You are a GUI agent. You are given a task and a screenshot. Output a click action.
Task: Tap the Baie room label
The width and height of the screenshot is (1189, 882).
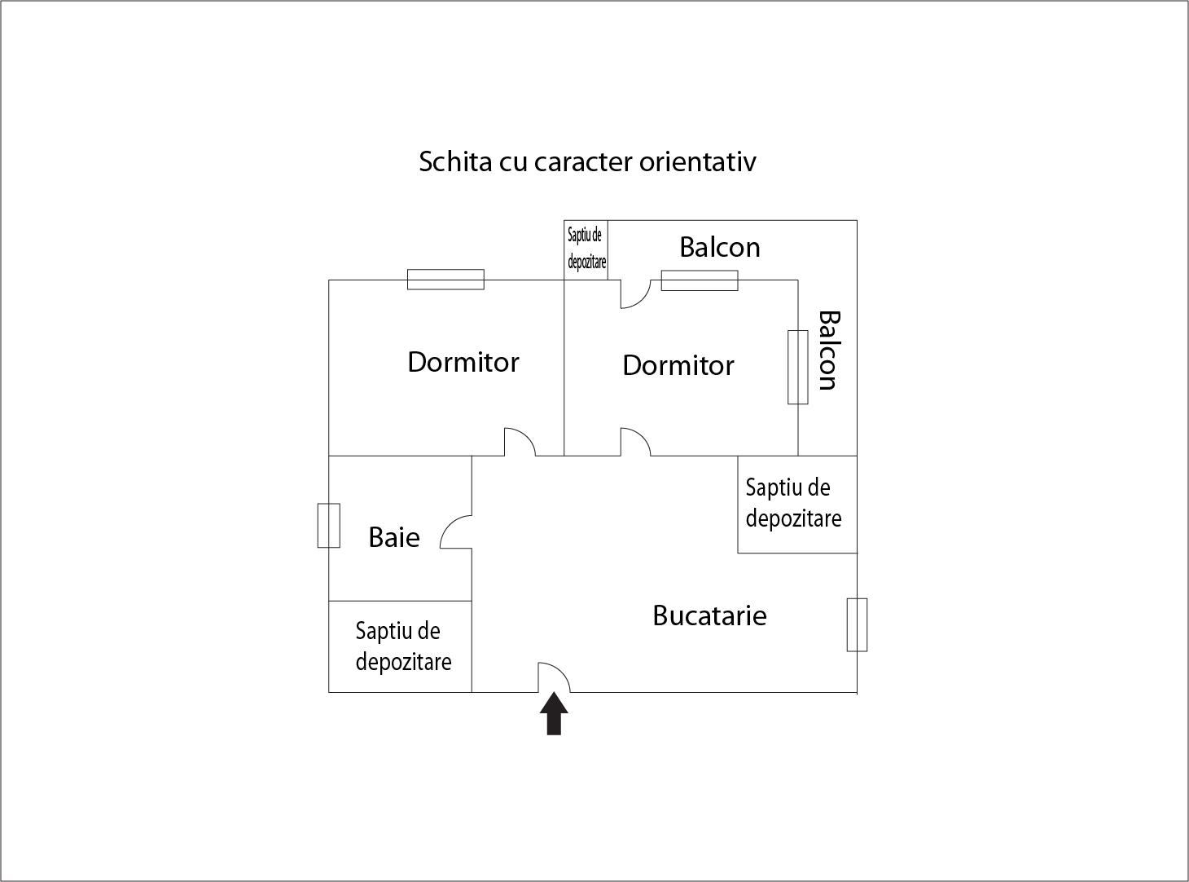pos(394,537)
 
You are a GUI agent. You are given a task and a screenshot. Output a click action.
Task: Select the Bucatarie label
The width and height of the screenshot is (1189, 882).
pos(709,615)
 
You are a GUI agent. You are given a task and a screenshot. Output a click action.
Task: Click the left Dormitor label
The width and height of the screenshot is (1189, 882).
pos(463,362)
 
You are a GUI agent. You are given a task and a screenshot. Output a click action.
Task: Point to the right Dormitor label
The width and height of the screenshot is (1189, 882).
pos(678,365)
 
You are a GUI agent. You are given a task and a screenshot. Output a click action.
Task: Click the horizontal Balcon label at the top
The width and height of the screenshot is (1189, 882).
pos(720,247)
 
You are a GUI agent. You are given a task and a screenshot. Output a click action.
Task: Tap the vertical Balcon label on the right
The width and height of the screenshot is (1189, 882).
pos(827,351)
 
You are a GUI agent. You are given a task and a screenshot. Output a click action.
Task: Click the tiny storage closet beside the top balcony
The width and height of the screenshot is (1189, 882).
pos(586,249)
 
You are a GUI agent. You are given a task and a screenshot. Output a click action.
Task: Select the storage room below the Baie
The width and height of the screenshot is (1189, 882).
pos(401,646)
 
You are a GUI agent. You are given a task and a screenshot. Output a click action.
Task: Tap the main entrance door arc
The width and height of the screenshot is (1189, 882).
pos(554,677)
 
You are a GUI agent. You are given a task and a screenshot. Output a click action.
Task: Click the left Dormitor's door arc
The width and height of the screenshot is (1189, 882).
pos(520,441)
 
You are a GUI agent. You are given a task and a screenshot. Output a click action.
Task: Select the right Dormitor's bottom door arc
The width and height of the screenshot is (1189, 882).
pos(636,441)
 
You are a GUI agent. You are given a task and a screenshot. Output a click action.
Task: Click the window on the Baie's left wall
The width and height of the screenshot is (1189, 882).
pos(328,526)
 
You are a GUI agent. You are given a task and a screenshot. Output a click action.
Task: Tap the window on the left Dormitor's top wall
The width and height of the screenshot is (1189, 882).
pos(445,280)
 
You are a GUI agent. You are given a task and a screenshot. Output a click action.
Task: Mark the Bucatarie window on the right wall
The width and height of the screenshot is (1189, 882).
pos(857,624)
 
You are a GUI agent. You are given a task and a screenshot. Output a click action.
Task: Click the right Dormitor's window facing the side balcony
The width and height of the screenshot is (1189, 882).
pos(797,367)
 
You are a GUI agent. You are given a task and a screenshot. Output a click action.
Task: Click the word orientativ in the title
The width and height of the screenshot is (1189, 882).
pos(697,161)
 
